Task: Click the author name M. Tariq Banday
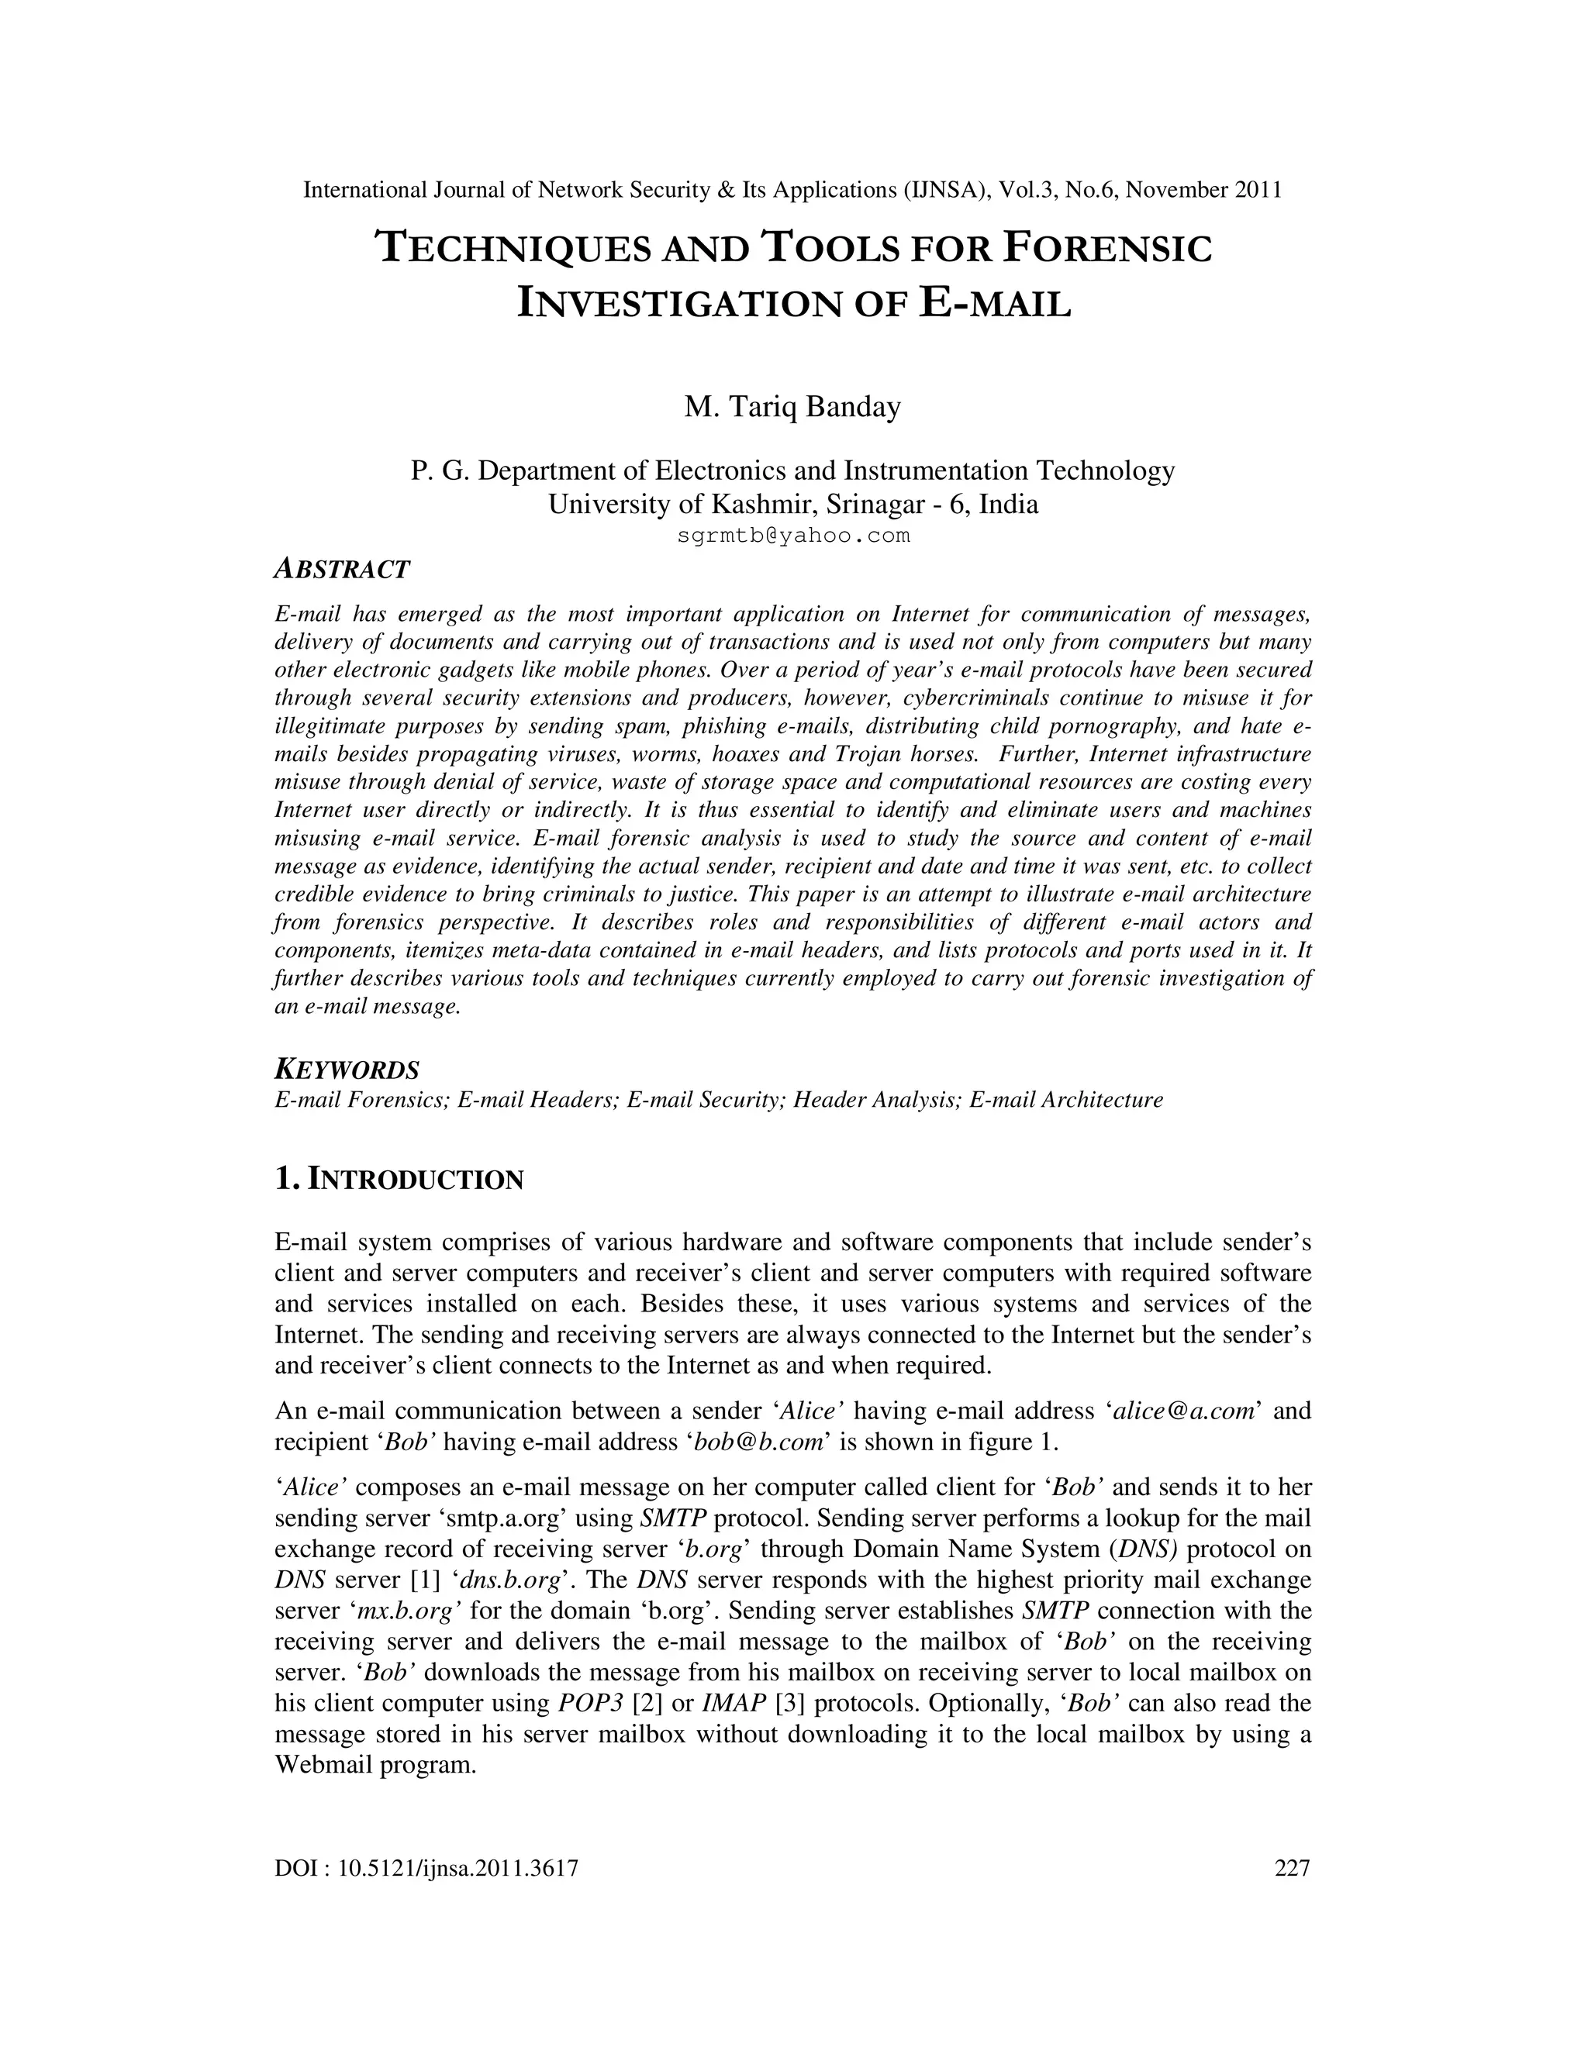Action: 792,407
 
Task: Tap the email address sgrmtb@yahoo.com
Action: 793,536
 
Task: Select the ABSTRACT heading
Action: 341,569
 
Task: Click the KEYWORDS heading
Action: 346,1070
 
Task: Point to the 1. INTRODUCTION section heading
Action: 399,1180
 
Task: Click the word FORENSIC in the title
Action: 1107,248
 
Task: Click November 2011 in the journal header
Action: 1203,190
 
